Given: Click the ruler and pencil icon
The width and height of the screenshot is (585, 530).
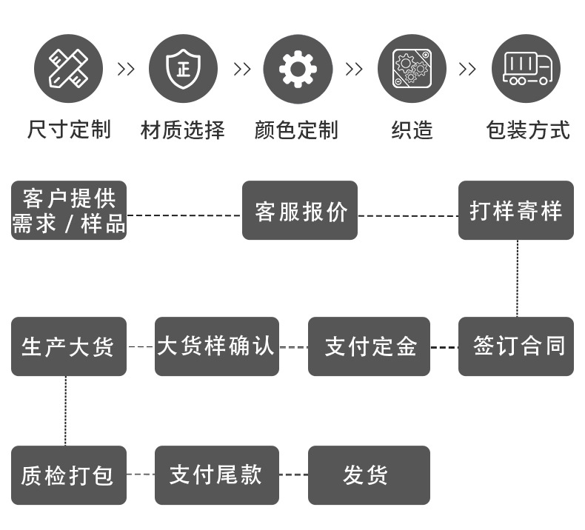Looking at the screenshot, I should [x=69, y=69].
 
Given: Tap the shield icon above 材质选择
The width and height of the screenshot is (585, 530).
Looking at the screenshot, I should [x=183, y=69].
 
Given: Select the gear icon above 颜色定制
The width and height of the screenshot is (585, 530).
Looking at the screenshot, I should [x=297, y=69].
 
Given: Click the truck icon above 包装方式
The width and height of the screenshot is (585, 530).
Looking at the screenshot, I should [x=526, y=69].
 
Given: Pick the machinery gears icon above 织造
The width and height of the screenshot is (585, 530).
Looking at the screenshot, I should [x=412, y=69].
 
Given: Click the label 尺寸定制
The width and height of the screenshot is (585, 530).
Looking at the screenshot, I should [x=69, y=130].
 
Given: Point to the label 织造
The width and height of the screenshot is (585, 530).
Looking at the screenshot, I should [x=412, y=130].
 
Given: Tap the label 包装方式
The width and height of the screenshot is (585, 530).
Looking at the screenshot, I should [x=527, y=130].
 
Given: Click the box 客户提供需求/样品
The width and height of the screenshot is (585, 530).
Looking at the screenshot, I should [x=69, y=210].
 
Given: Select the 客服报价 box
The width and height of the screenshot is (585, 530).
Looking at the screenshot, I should [x=300, y=210].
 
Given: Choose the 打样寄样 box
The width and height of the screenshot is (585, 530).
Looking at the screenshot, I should [x=516, y=210].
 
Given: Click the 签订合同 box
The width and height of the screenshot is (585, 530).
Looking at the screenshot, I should [x=516, y=346].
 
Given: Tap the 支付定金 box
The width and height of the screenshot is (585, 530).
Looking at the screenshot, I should [x=369, y=346].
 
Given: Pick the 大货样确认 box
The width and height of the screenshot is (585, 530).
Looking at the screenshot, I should [x=216, y=346].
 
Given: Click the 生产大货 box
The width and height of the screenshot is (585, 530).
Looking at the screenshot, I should [x=69, y=346].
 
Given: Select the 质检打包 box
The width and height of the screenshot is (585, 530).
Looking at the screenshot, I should [x=69, y=475].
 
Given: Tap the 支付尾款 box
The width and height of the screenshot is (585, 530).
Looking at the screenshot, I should [x=216, y=475].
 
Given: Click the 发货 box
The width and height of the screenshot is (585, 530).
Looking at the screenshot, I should [x=369, y=475].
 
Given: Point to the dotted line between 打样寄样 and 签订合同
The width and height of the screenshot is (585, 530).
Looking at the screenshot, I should [x=517, y=278].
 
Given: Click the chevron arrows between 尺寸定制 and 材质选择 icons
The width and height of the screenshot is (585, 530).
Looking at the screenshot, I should [x=126, y=70].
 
